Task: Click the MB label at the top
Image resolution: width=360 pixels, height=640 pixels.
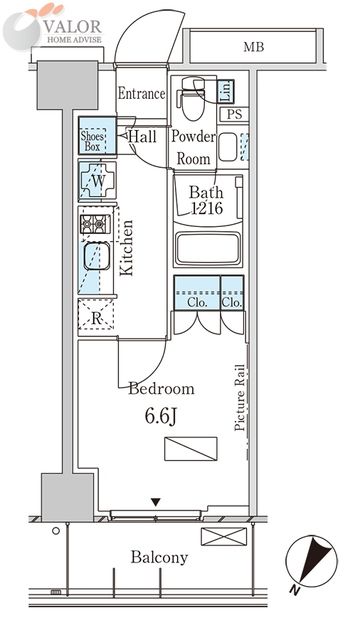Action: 254,47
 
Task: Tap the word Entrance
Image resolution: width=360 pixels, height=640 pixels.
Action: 141,94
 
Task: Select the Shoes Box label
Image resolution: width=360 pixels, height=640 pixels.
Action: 93,141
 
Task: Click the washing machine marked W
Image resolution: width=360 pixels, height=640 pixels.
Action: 98,181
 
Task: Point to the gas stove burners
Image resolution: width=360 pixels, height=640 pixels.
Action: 95,224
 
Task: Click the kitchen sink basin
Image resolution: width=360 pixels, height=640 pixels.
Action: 97,256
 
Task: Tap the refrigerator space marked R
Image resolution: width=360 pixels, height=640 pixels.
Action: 96,318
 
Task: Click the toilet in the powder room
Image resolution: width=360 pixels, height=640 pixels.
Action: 192,99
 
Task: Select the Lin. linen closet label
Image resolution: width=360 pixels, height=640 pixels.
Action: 225,91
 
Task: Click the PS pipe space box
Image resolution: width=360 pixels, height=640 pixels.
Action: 234,115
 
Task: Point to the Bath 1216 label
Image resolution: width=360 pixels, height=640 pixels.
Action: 207,200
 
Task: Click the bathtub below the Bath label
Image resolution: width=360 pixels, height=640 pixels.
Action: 208,249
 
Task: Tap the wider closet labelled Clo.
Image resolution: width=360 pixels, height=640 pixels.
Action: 197,293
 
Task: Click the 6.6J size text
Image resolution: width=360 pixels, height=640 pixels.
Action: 161,416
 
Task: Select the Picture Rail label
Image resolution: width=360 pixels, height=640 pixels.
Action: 240,397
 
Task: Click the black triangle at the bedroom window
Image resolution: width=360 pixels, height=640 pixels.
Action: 156,502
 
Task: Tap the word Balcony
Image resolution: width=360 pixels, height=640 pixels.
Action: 159,558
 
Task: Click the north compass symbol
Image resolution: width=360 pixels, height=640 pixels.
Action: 311,564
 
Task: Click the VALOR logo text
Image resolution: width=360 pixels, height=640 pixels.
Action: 73,27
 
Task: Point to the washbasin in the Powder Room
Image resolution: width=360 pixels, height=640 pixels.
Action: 227,147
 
